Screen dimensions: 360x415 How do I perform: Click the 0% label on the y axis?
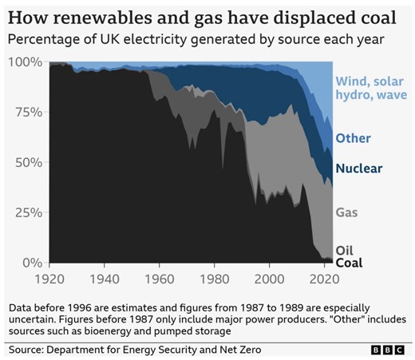[x=31, y=263]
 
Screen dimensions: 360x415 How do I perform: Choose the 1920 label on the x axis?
[x=50, y=279]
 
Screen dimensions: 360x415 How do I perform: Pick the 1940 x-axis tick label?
[x=105, y=279]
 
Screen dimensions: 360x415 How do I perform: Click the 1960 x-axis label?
[x=160, y=279]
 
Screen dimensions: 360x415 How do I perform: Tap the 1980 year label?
[x=215, y=279]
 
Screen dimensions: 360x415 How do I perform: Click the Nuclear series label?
[x=359, y=168]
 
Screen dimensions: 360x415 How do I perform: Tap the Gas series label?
[x=347, y=213]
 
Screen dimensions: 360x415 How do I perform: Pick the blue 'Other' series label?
[x=354, y=138]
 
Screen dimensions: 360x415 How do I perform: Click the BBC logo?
[x=388, y=350]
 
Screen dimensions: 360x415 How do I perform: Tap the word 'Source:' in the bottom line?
[x=30, y=350]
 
